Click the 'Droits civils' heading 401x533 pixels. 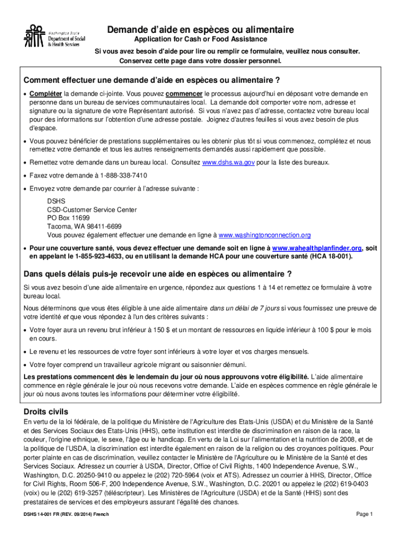coord(46,411)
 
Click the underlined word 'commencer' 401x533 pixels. coord(184,94)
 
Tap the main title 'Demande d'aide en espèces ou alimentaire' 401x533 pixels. coord(200,30)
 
